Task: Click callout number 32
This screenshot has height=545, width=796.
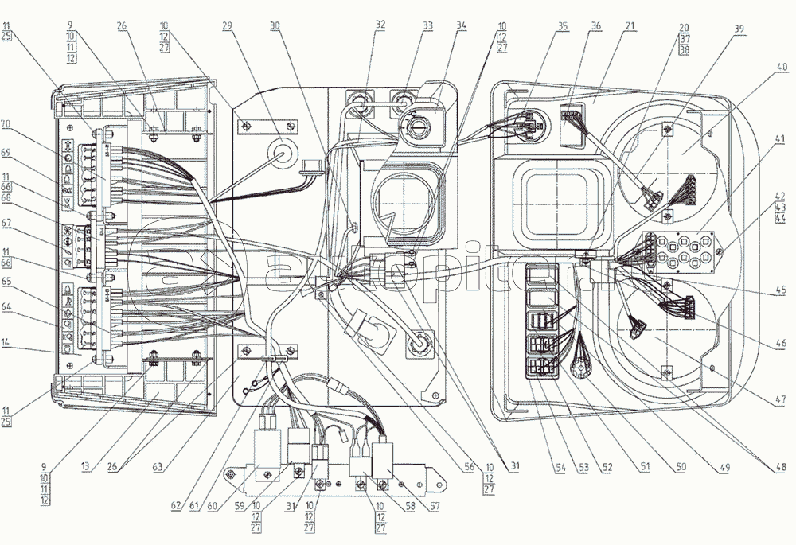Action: (380, 26)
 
